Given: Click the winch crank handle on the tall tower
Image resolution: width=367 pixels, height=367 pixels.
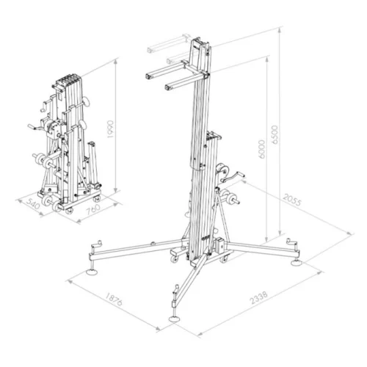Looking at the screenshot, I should [x=237, y=175].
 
